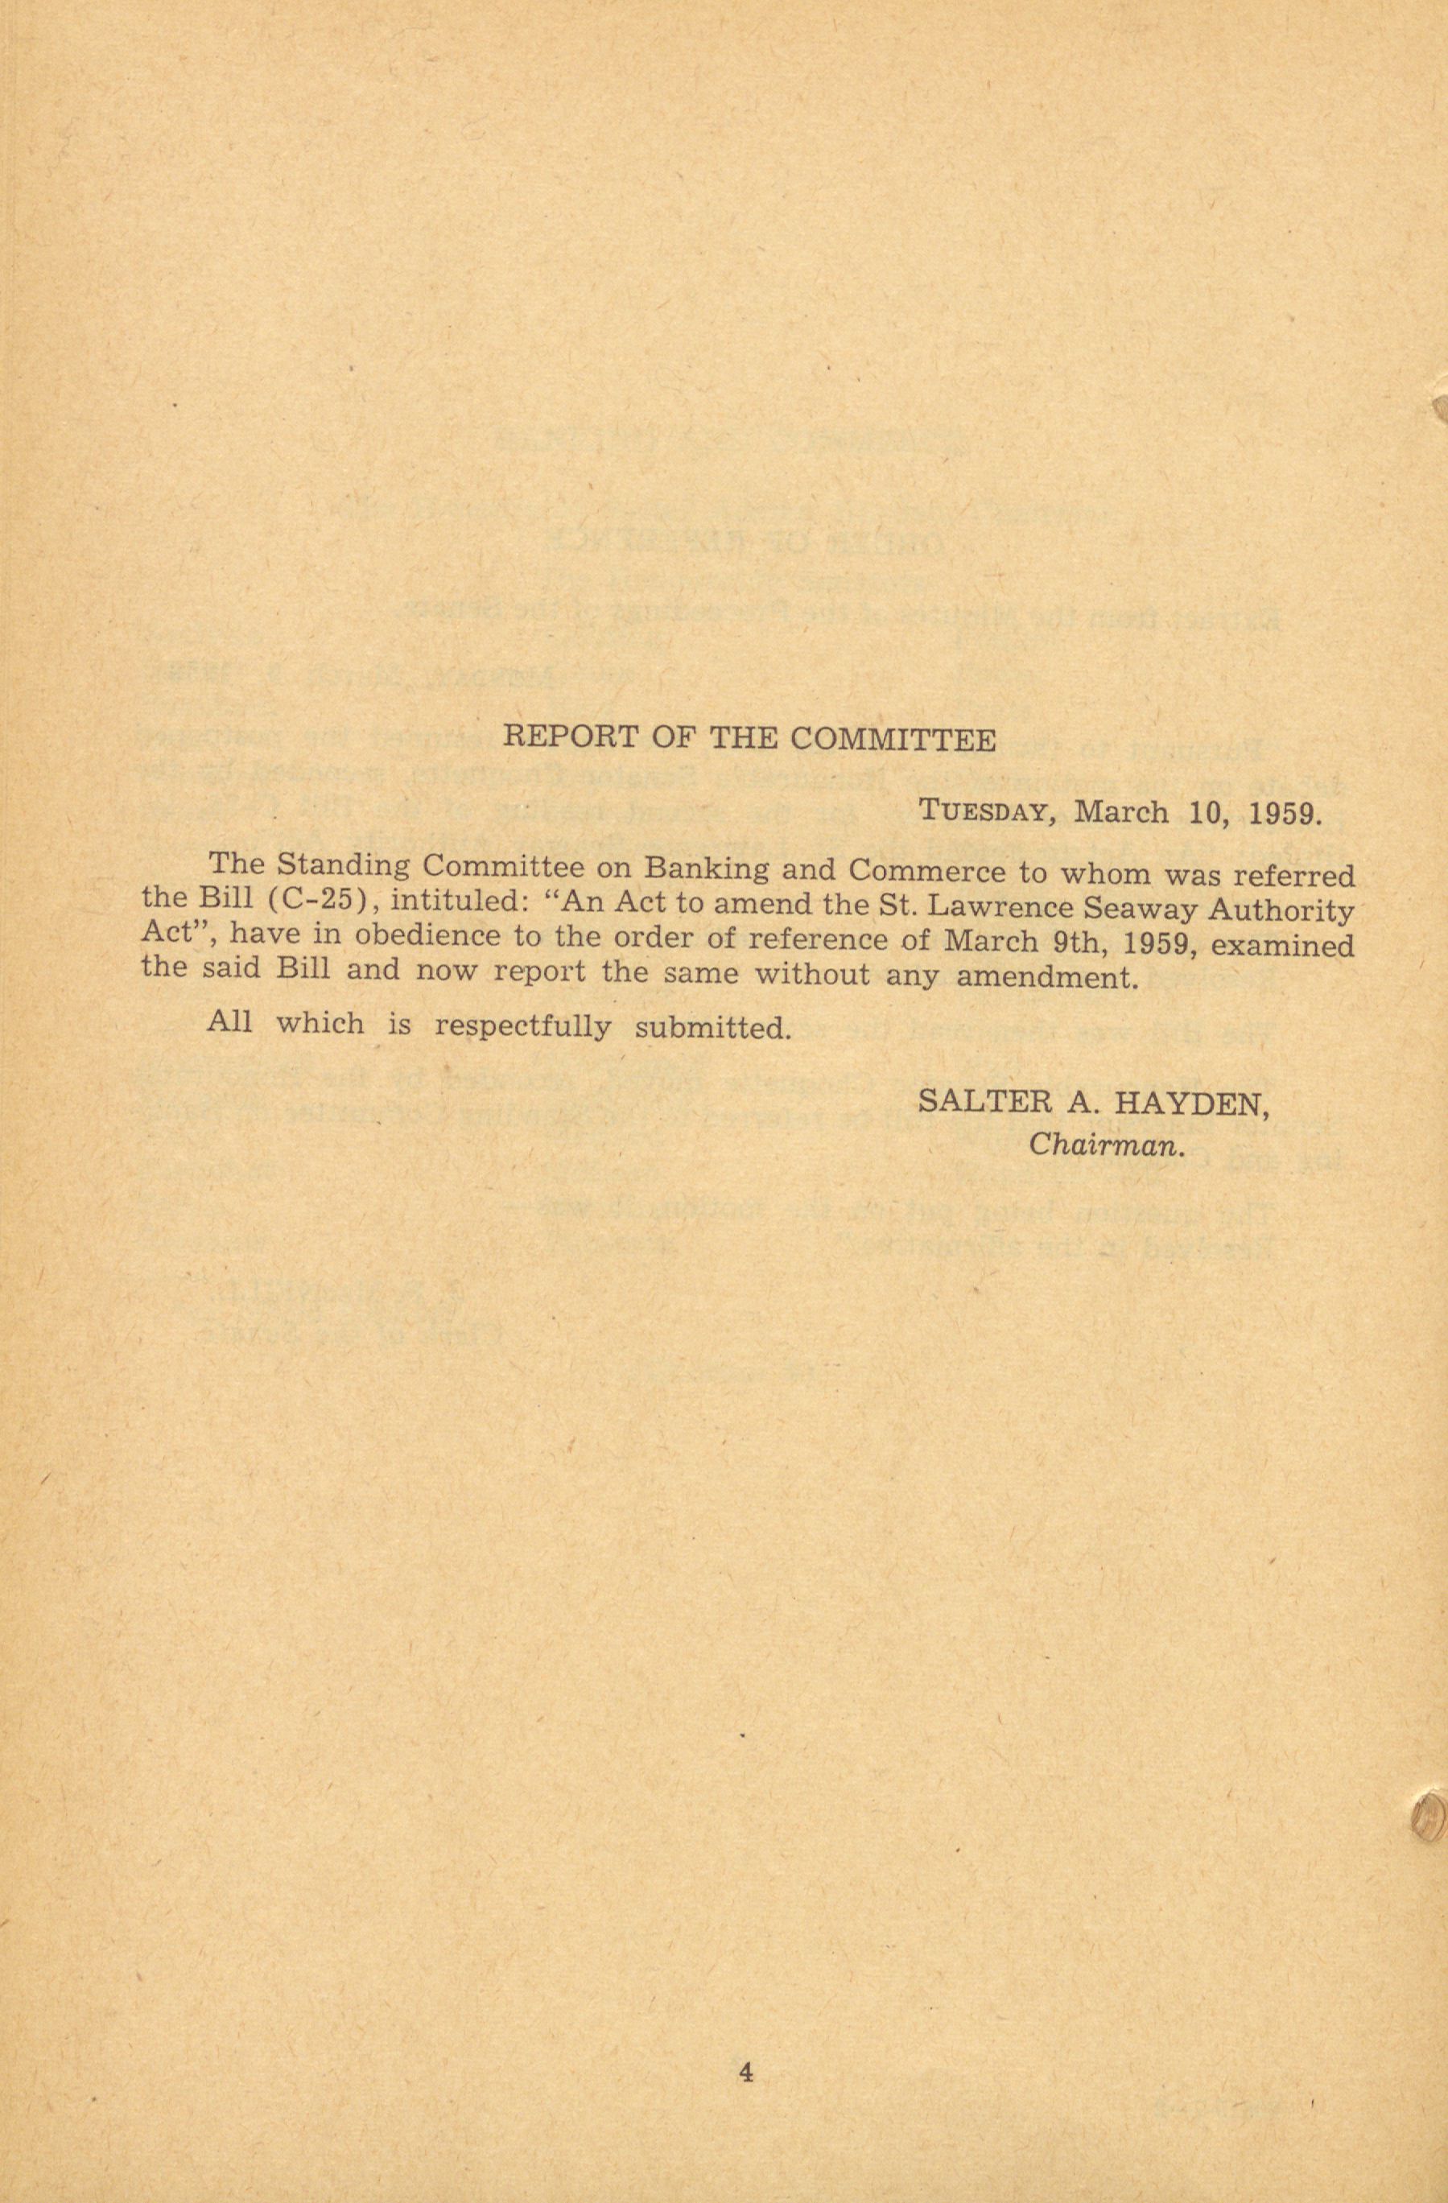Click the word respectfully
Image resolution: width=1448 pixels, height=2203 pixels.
click(x=522, y=1026)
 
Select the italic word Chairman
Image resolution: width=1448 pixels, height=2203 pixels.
click(x=1107, y=1146)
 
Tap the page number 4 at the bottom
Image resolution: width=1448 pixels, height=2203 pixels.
click(x=746, y=2071)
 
